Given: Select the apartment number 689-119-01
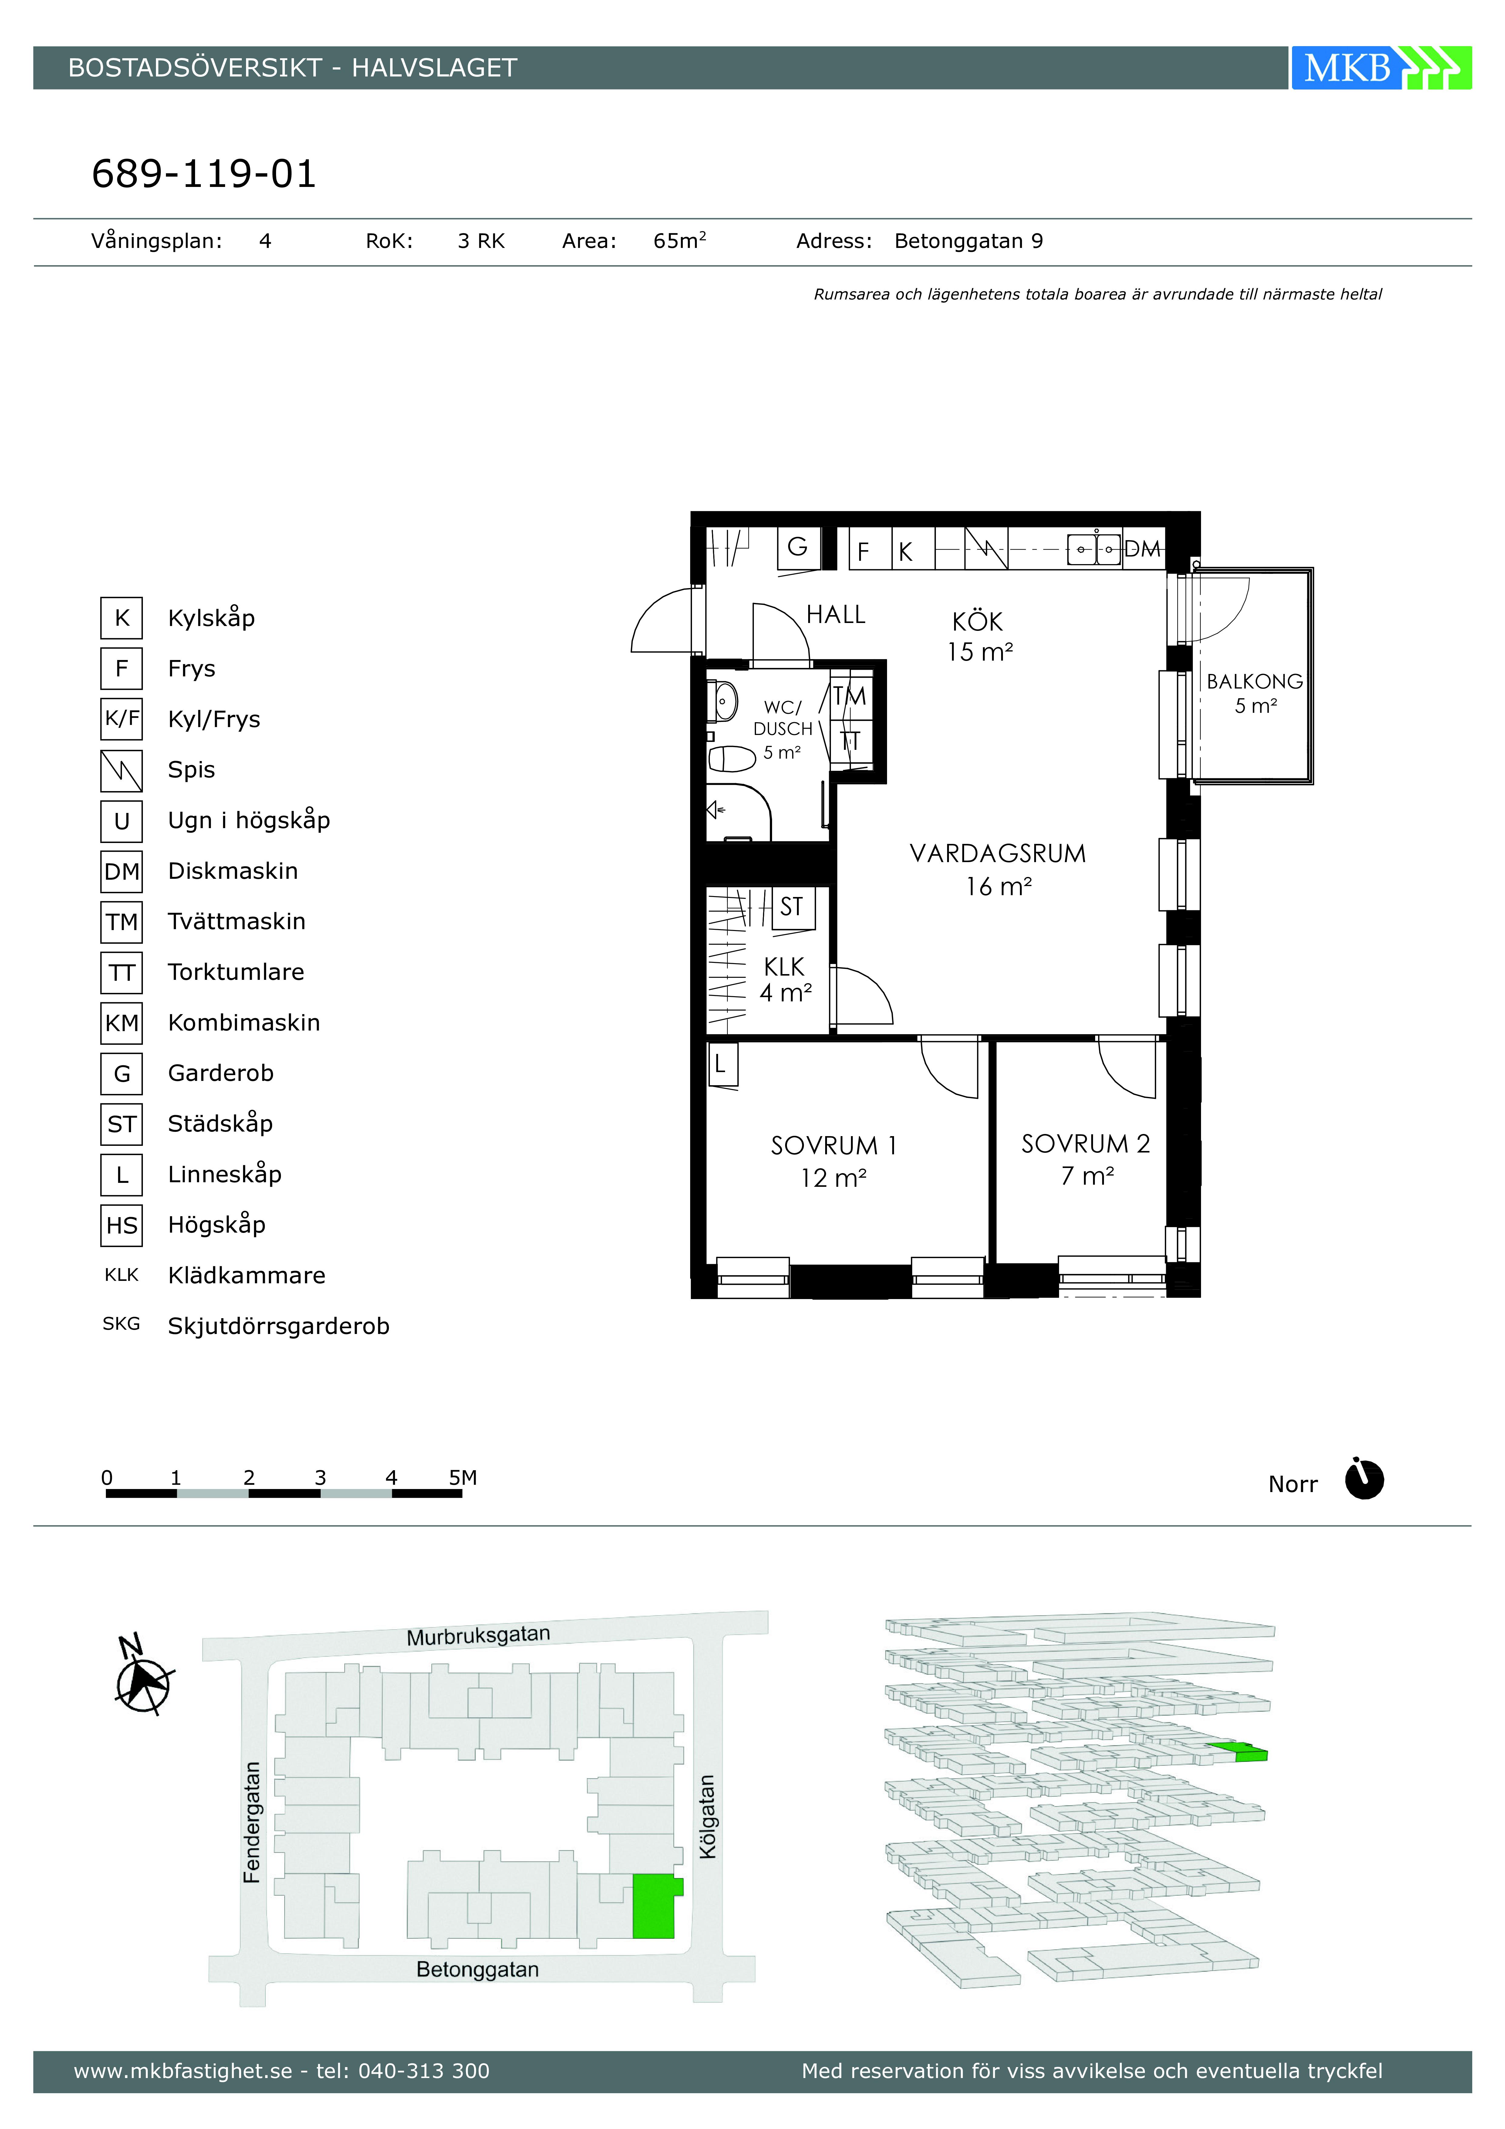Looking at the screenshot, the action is click(x=204, y=173).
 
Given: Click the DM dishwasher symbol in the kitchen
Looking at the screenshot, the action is click(x=1142, y=549).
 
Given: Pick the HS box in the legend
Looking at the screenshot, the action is click(x=121, y=1225).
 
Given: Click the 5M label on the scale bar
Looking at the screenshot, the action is click(x=463, y=1477).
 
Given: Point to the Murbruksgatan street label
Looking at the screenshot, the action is click(x=478, y=1635).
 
